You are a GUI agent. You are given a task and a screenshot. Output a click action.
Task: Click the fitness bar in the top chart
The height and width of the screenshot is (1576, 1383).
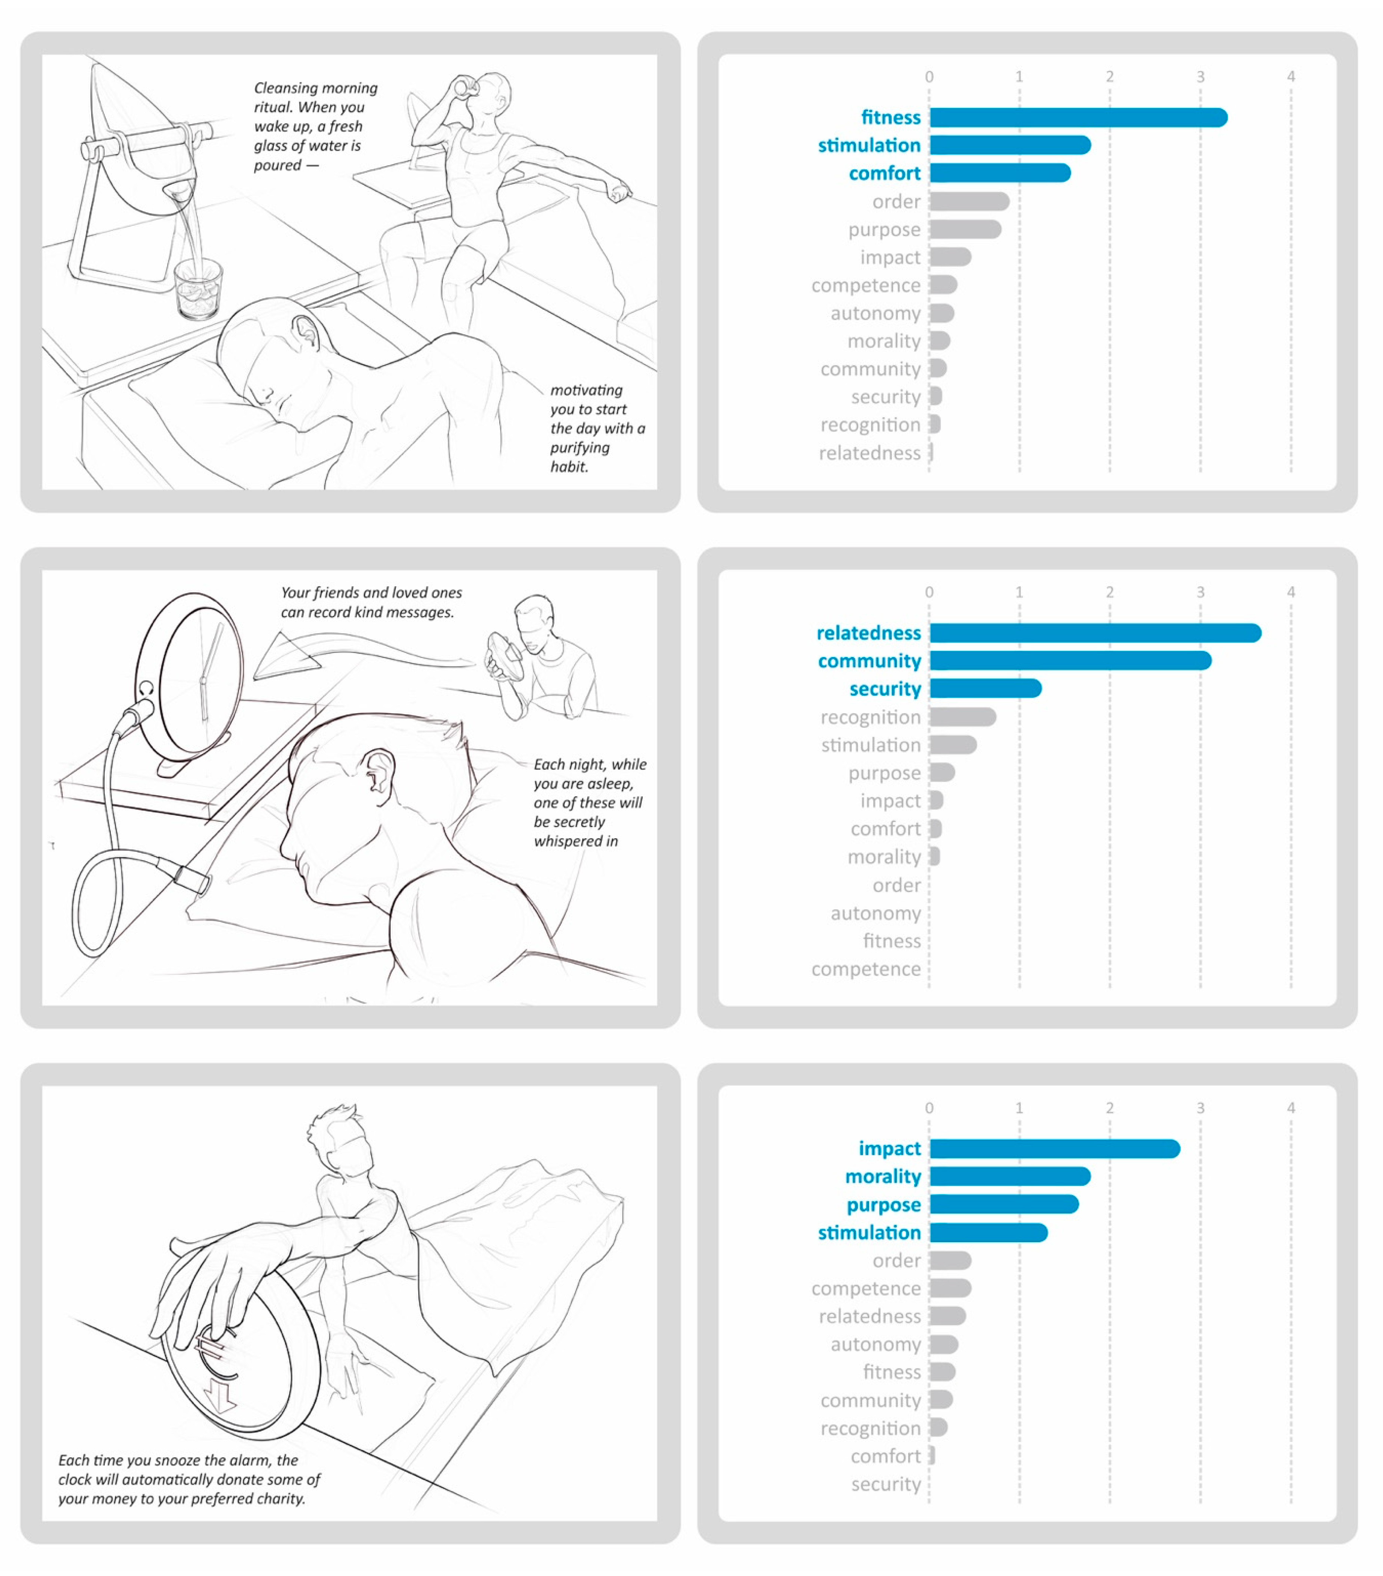coord(1078,117)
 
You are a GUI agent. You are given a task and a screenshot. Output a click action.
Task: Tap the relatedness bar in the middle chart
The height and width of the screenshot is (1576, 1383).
coord(1095,633)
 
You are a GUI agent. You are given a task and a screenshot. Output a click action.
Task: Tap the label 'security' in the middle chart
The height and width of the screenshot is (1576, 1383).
coord(885,689)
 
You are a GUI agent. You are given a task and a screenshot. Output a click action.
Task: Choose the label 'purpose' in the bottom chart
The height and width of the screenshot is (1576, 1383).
coord(883,1205)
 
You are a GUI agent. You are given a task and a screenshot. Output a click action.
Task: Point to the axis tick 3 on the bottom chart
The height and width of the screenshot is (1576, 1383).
coord(1200,1108)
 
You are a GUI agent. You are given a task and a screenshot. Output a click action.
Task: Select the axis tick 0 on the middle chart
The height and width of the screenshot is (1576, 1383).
coord(929,592)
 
